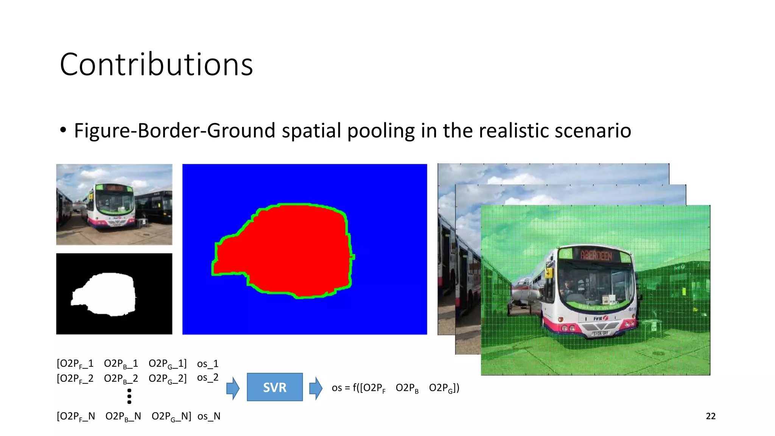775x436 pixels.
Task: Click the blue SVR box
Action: (x=275, y=387)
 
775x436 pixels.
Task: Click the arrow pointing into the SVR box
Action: (x=233, y=388)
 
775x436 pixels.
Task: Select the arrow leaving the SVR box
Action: (x=316, y=388)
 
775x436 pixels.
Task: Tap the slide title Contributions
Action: (x=156, y=65)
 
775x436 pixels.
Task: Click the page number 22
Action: (x=710, y=416)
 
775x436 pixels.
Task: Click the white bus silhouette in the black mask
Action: (x=108, y=293)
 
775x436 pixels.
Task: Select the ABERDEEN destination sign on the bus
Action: (x=596, y=256)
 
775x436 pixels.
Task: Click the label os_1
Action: (x=208, y=364)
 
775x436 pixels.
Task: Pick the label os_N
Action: (x=209, y=416)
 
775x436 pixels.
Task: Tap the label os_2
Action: (x=208, y=378)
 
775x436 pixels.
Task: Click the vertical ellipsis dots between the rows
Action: (x=129, y=396)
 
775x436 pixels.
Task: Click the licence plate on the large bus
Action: (x=601, y=333)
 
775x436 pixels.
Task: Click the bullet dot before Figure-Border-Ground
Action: (x=63, y=130)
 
